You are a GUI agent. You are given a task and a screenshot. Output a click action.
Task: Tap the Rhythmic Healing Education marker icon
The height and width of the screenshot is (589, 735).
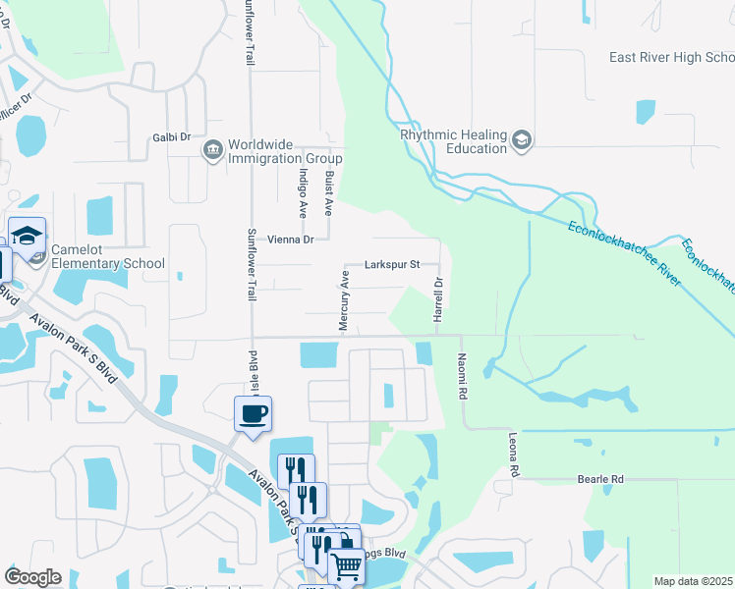[x=522, y=141]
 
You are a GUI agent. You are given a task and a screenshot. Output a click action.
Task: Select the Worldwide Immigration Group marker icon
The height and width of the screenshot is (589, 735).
[x=211, y=150]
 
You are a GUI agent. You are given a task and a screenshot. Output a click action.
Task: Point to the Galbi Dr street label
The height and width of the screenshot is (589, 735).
[x=171, y=137]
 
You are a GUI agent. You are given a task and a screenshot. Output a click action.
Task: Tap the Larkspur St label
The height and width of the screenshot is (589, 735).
[x=392, y=264]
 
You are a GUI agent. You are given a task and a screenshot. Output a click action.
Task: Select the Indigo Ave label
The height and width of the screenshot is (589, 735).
[x=303, y=190]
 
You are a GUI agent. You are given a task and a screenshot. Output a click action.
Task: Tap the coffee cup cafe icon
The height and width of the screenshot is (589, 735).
[x=254, y=412]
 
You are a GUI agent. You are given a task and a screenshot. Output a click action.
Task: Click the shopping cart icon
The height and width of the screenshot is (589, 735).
[x=347, y=566]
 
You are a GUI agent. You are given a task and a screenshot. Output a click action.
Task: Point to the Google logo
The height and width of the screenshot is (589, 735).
[x=32, y=577]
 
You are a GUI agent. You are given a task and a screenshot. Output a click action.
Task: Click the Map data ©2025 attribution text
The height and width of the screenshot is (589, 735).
[x=693, y=581]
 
